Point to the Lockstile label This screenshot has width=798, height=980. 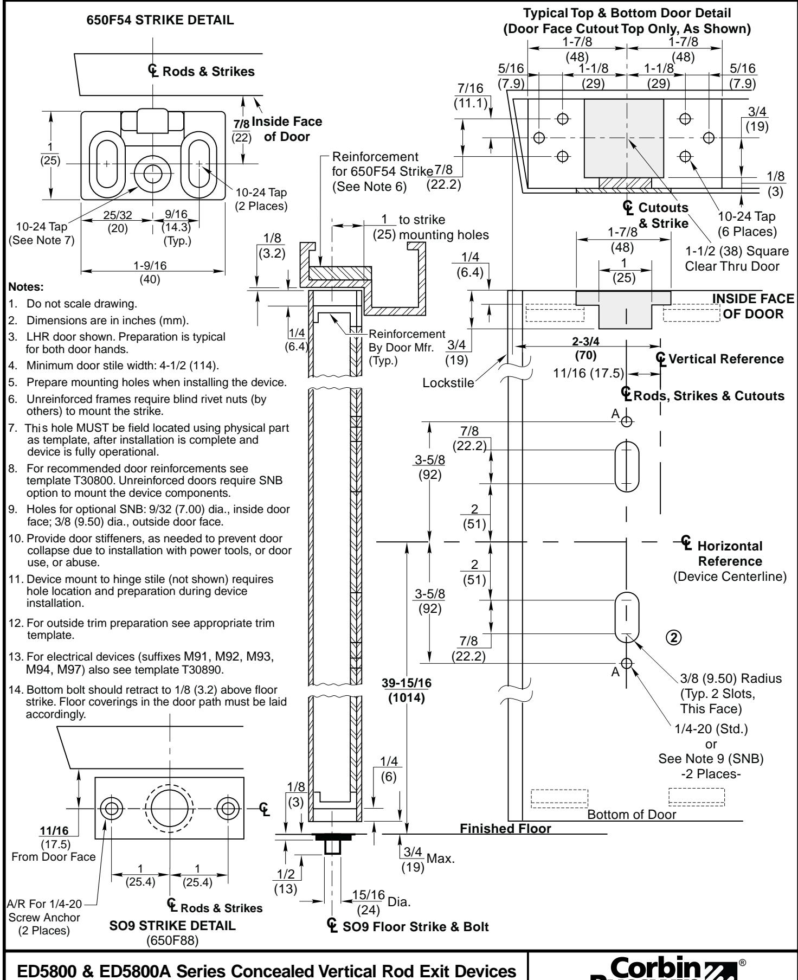[x=447, y=383]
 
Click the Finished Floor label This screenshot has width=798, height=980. [x=505, y=828]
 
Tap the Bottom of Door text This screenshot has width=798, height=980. [x=632, y=814]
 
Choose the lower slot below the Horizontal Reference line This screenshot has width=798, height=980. [x=626, y=616]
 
